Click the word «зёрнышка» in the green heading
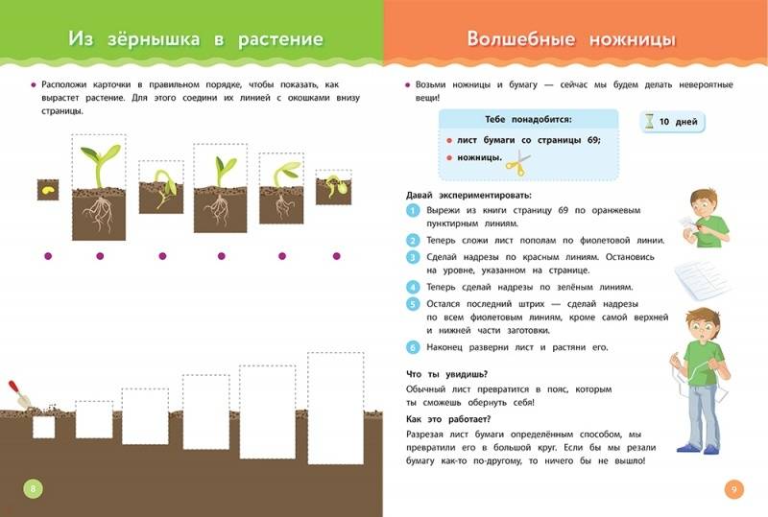(154, 39)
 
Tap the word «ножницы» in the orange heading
(633, 39)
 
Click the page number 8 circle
(34, 488)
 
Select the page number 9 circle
(733, 489)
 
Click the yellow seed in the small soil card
(47, 190)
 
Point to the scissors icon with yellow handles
(517, 162)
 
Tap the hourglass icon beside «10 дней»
(650, 122)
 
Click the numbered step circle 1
(413, 211)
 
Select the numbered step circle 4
(413, 288)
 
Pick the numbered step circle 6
(413, 347)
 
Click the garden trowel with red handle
(18, 394)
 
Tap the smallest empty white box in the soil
(43, 427)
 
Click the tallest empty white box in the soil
(335, 409)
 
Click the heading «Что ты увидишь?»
(446, 374)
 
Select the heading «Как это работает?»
(448, 419)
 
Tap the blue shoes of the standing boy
(698, 449)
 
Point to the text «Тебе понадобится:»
(528, 120)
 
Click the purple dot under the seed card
(48, 256)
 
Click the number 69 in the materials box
(592, 140)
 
